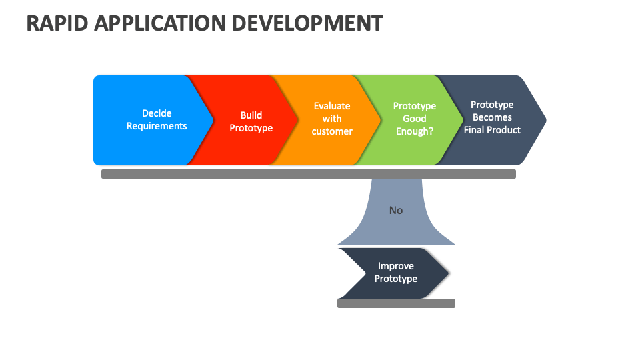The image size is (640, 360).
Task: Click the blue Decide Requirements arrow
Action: tap(150, 120)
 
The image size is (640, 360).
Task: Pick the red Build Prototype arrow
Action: tap(247, 121)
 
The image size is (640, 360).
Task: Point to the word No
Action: tap(396, 210)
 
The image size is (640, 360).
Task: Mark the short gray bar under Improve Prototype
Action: tap(396, 303)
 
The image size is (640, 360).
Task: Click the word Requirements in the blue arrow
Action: tap(157, 126)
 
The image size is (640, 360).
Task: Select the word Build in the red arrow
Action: tap(251, 115)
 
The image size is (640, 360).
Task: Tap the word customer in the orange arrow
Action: tap(332, 131)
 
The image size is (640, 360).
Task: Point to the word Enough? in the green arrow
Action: tap(415, 131)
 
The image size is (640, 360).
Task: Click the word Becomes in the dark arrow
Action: tap(492, 117)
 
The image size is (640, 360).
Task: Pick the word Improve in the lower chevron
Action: tap(396, 266)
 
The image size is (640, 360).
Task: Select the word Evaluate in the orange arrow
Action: tap(332, 106)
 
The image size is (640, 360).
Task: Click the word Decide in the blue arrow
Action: tap(157, 113)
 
